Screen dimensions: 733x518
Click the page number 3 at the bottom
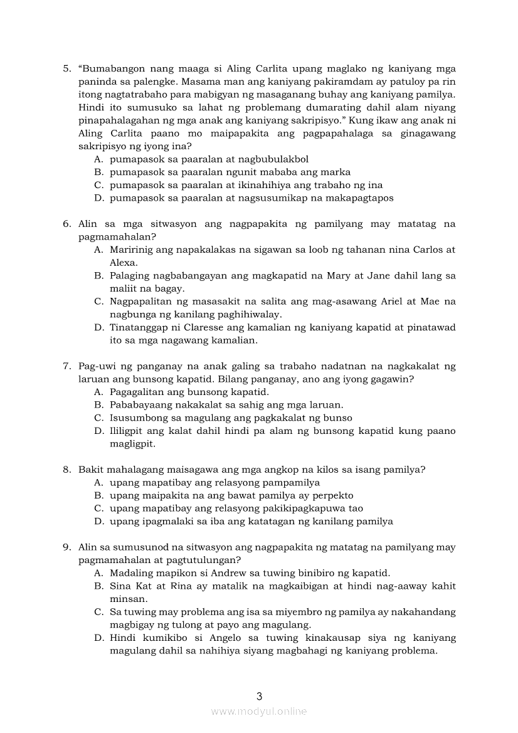[x=259, y=695]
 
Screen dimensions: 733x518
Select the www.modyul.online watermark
[x=259, y=711]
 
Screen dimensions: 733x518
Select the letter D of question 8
[x=98, y=522]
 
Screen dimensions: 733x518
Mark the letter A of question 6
[x=98, y=250]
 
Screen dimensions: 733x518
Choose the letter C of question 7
[x=98, y=418]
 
